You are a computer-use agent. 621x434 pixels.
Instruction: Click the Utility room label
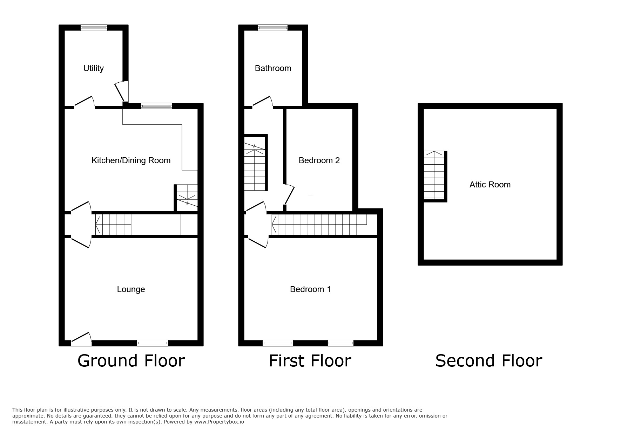[x=93, y=68]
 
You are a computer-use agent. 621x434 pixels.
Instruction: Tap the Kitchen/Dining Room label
[x=131, y=160]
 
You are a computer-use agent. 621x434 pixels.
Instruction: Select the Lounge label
[x=131, y=289]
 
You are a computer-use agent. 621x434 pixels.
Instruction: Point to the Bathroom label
[x=273, y=68]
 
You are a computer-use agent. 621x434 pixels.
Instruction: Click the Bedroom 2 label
[x=319, y=160]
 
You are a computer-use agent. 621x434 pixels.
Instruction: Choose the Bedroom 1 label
[x=310, y=289]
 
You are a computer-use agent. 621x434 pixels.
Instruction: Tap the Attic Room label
[x=490, y=185]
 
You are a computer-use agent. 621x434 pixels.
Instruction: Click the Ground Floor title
[x=131, y=361]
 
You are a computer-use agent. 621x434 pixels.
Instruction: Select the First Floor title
[x=310, y=361]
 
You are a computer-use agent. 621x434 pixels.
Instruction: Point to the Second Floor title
[x=488, y=361]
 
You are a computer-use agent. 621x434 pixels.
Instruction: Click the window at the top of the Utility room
[x=94, y=28]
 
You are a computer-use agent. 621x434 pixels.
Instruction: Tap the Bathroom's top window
[x=273, y=28]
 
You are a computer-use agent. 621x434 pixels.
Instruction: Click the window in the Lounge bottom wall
[x=153, y=343]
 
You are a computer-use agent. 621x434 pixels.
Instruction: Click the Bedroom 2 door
[x=290, y=194]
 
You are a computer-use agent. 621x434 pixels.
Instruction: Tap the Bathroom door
[x=262, y=101]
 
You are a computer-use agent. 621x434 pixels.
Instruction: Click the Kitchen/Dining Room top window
[x=157, y=106]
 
